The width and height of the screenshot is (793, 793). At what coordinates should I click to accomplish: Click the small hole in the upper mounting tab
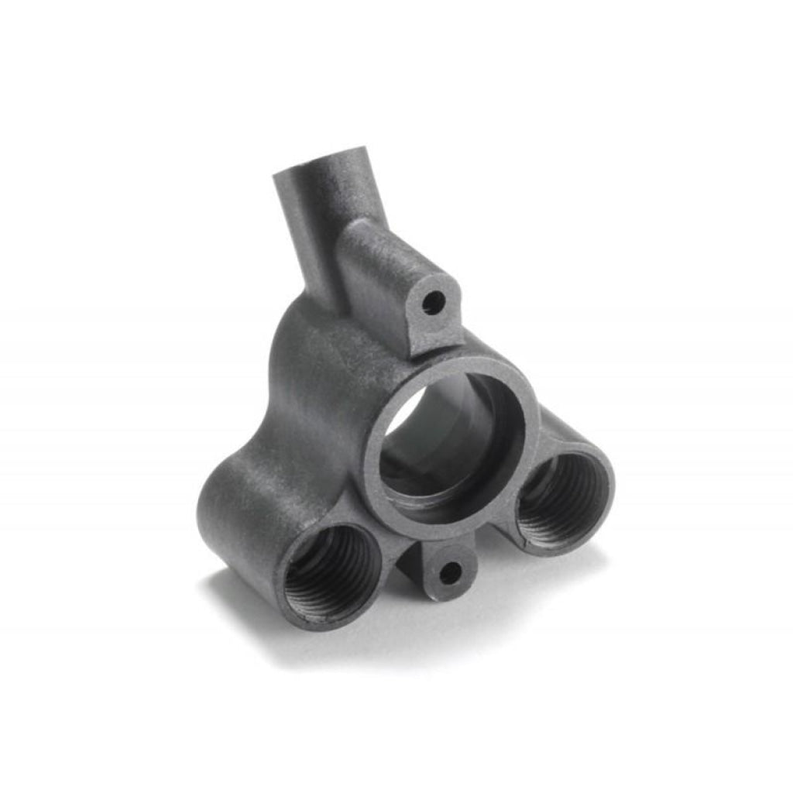tap(434, 301)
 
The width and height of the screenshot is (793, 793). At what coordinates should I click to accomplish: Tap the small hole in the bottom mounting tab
tap(448, 573)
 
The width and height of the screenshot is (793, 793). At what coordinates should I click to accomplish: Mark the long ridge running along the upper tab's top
tap(387, 248)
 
